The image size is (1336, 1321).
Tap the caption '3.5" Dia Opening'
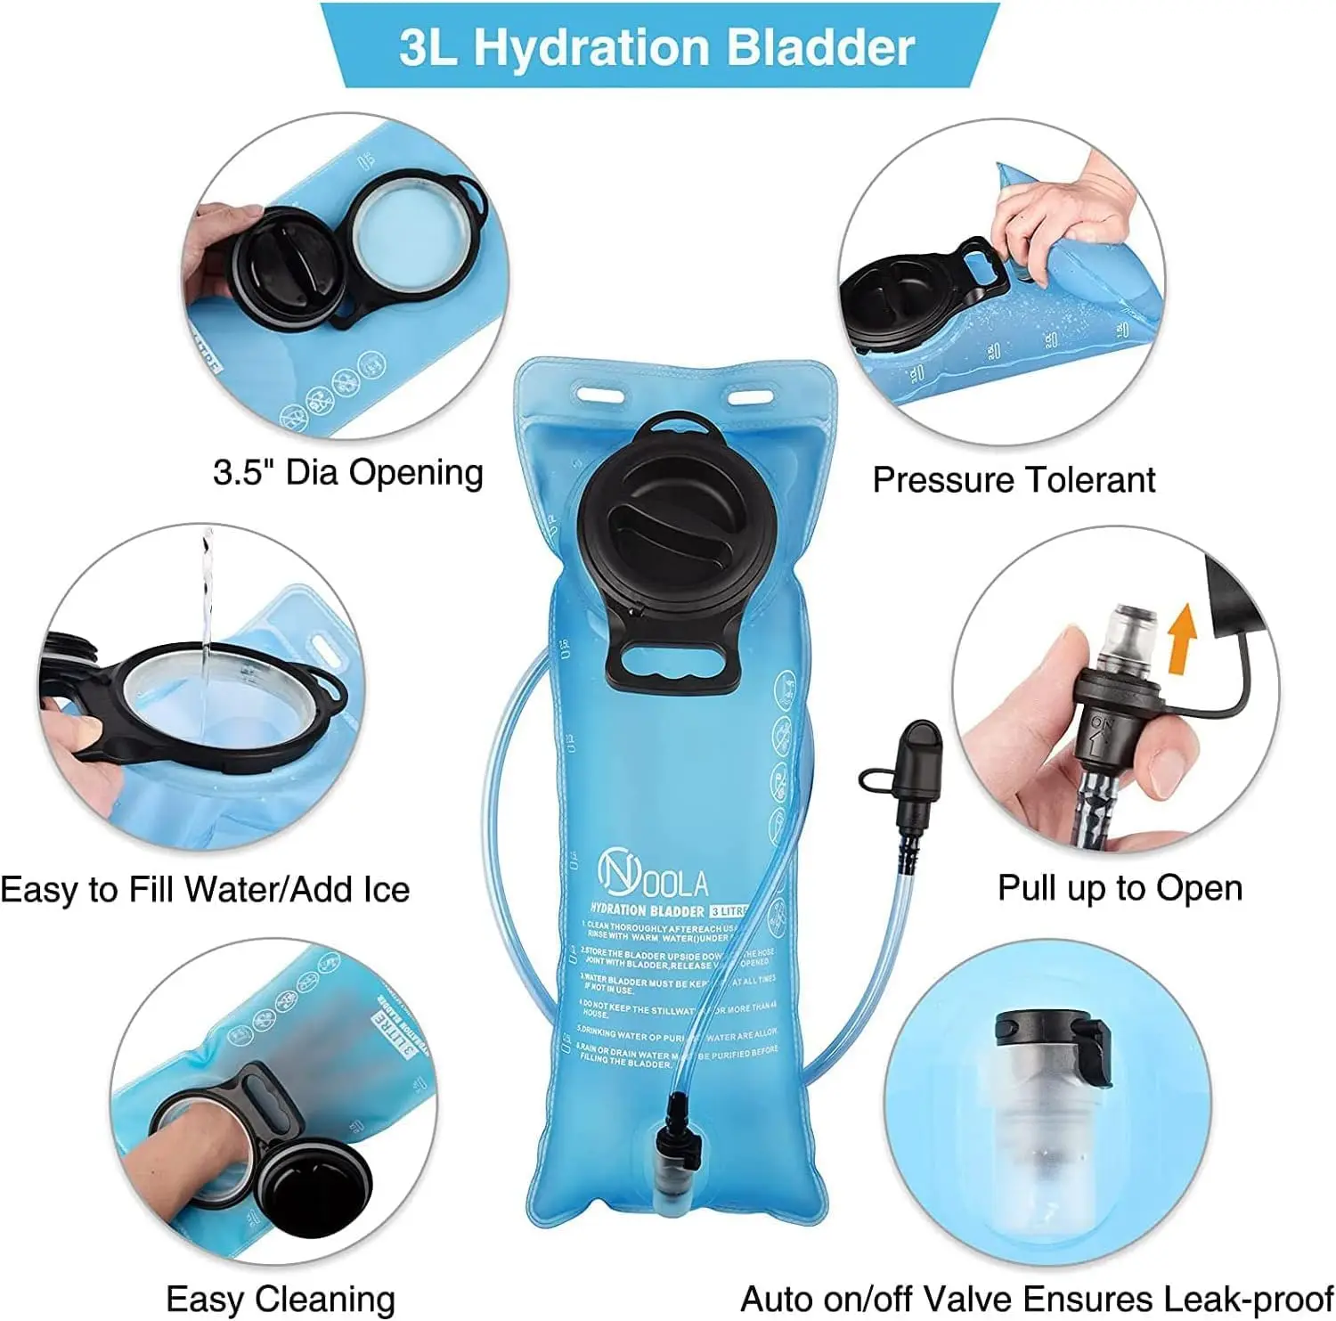tap(348, 472)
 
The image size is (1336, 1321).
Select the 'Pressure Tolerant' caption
tap(1014, 480)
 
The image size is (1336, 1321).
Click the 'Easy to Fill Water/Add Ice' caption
tap(205, 890)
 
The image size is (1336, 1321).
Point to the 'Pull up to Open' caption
tap(1120, 888)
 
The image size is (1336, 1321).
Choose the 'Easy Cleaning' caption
tap(281, 1300)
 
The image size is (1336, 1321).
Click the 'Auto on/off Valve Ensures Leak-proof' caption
tap(1036, 1300)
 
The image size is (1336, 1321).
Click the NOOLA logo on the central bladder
tap(653, 873)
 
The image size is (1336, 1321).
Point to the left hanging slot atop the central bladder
tap(599, 392)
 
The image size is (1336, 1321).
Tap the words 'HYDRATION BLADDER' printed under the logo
tap(648, 910)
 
